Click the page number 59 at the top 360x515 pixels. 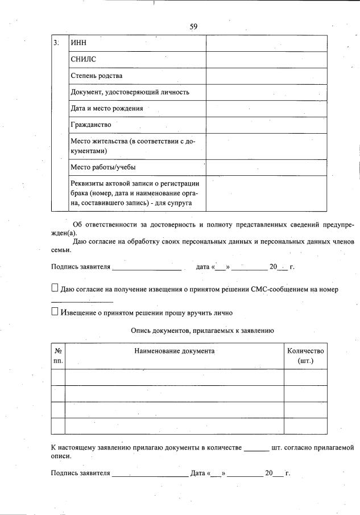click(193, 26)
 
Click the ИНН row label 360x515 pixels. click(77, 43)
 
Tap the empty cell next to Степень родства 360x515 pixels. click(266, 76)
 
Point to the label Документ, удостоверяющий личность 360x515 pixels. click(130, 92)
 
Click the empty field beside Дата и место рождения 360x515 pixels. click(266, 108)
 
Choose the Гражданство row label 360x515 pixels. click(91, 125)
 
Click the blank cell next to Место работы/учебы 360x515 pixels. click(266, 167)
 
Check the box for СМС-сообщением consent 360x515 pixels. click(55, 289)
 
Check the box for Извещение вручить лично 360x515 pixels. click(55, 312)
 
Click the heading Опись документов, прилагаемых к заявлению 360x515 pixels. click(202, 330)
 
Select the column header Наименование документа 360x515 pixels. click(174, 351)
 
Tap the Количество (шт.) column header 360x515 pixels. click(305, 356)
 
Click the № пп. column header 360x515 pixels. click(58, 356)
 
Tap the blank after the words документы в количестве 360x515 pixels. click(256, 450)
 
